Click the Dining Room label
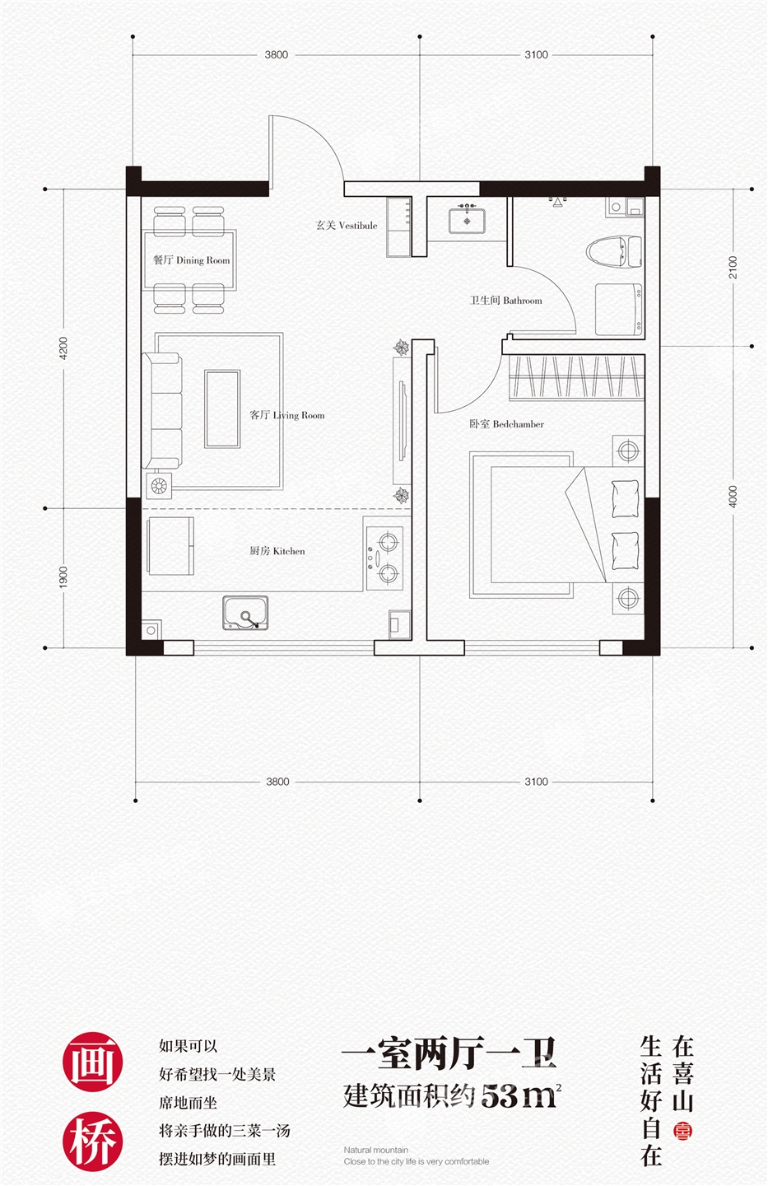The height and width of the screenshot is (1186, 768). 192,260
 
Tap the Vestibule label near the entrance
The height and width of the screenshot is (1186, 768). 347,225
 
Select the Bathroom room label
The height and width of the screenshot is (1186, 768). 506,300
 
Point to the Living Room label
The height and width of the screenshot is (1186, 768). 287,415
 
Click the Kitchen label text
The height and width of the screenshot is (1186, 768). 277,551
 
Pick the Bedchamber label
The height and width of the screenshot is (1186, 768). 506,423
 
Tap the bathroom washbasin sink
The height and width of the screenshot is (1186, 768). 467,220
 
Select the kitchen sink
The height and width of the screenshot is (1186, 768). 245,613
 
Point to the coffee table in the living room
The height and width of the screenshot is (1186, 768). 222,409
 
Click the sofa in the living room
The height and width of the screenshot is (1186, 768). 162,411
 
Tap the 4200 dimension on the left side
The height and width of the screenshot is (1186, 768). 63,348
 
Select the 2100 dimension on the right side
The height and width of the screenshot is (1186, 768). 733,268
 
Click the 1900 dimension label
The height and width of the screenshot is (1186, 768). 63,577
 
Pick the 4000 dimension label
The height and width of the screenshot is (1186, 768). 733,497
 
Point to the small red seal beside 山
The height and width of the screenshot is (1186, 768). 682,1130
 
